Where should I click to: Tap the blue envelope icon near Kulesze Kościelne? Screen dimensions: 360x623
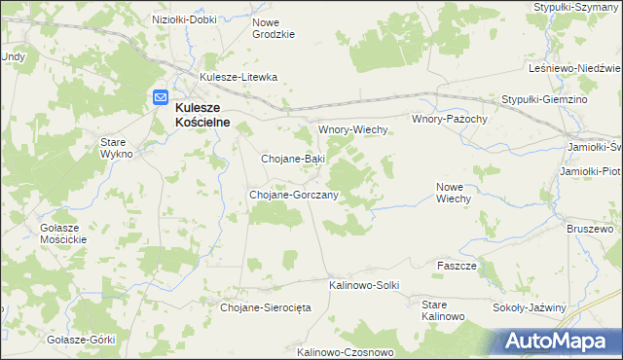click(160, 98)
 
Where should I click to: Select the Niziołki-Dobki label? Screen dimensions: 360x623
click(185, 18)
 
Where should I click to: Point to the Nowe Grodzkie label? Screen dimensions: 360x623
click(273, 28)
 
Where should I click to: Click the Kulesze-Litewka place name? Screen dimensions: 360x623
click(238, 77)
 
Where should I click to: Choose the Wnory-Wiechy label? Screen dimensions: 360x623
click(354, 129)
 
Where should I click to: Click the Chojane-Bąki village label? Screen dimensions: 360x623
click(293, 158)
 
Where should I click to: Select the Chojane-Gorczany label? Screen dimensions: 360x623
click(294, 195)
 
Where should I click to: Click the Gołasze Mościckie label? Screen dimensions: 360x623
click(63, 233)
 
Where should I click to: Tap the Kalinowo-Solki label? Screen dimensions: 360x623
click(364, 285)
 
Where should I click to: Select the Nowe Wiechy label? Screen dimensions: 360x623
click(454, 192)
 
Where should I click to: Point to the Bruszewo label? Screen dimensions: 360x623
click(590, 230)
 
